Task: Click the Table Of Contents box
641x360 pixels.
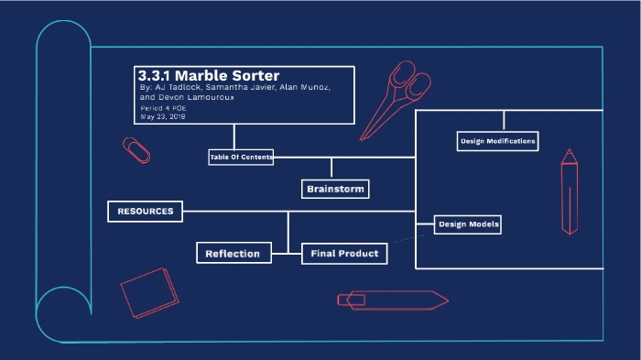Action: click(241, 158)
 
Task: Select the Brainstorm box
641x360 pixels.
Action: click(335, 190)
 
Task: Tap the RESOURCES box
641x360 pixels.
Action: click(145, 212)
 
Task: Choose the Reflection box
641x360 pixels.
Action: click(234, 254)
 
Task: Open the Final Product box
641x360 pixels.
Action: click(344, 254)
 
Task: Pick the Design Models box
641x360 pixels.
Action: click(468, 224)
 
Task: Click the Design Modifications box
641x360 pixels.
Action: click(497, 141)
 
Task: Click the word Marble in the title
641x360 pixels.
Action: click(205, 75)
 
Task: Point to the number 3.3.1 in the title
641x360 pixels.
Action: click(154, 75)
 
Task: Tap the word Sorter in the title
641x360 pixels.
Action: click(258, 75)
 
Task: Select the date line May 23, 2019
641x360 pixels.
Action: click(163, 116)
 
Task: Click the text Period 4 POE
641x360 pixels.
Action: click(165, 108)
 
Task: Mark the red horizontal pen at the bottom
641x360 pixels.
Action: click(392, 300)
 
